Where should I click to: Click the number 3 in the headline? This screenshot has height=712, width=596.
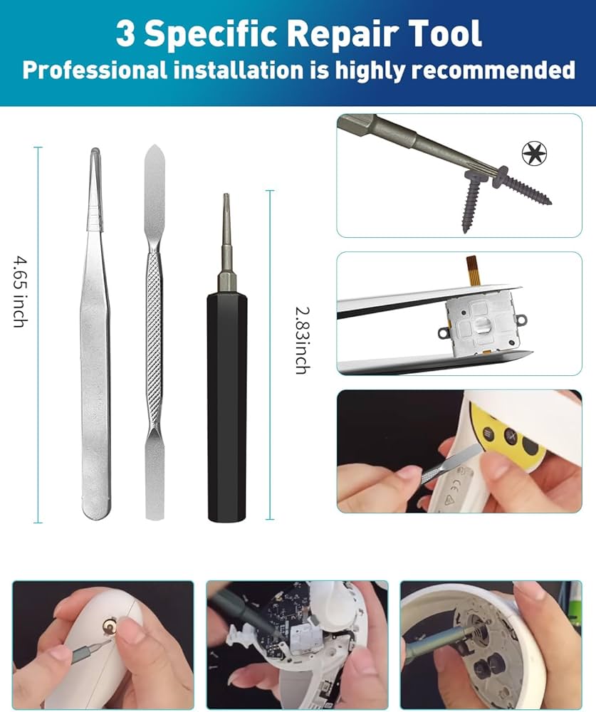(125, 33)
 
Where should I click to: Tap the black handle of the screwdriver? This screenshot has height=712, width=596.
(226, 399)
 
